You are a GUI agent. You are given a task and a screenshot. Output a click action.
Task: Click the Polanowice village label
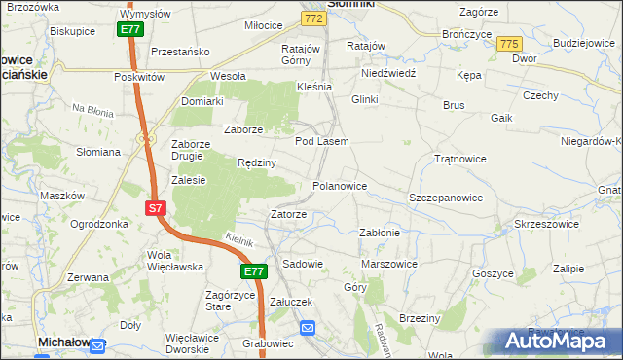(339, 185)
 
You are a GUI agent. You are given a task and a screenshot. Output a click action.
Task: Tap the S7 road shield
(156, 207)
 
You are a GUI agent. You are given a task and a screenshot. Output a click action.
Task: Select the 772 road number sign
(312, 18)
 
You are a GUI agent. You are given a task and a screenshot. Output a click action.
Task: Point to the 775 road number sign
(508, 44)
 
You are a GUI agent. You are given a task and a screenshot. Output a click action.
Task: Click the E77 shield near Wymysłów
(131, 30)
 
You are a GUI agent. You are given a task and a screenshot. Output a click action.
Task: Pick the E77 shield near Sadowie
(254, 271)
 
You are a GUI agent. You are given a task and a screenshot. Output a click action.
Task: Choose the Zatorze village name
(289, 214)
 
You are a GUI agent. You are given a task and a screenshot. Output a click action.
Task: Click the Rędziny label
(258, 163)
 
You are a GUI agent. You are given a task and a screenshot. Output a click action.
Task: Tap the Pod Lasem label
(321, 141)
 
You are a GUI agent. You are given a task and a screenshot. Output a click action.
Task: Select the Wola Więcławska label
(172, 261)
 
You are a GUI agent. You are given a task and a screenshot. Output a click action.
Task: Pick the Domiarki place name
(202, 100)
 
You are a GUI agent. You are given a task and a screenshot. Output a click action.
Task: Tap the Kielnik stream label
(238, 239)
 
